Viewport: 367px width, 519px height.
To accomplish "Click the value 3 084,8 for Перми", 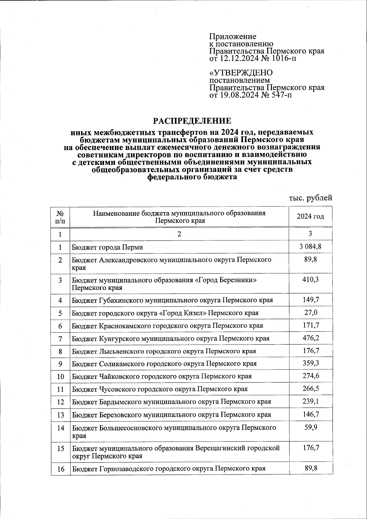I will coord(310,246).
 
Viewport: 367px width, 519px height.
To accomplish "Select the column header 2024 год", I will coord(310,217).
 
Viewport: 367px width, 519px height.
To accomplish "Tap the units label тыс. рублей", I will coord(310,198).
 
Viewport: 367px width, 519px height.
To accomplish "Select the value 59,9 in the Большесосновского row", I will coord(311,427).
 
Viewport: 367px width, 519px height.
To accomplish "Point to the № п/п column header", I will coord(60,217).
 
